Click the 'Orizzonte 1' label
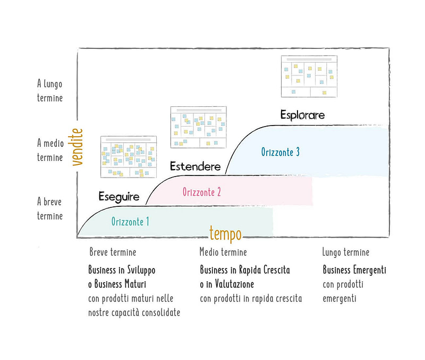130,222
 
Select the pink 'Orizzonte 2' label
202,192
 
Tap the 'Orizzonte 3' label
280,152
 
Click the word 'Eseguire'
118,197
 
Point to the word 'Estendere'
195,166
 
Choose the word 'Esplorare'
302,115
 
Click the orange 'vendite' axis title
77,147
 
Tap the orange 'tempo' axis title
225,234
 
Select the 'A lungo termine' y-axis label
49,90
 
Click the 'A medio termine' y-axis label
50,150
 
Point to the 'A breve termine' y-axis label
49,209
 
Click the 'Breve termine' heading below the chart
113,252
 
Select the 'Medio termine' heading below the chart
223,252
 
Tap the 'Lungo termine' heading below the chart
346,252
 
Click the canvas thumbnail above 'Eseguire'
129,157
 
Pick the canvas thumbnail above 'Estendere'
198,127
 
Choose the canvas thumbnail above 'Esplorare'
309,76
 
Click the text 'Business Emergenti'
354,270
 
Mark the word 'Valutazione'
234,284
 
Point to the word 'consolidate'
161,313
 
